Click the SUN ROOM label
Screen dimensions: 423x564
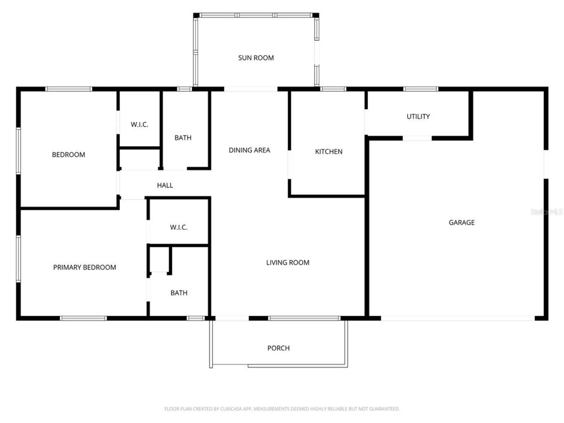coord(256,58)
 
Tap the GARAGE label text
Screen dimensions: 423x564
coord(461,222)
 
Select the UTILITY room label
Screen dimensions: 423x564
coord(418,116)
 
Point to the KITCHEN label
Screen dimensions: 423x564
coord(329,152)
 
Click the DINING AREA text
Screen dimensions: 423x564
coord(249,150)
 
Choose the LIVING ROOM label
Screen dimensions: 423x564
coord(288,263)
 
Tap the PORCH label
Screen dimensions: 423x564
coord(278,348)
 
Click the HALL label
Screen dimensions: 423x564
coord(165,185)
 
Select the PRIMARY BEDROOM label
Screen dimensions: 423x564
coord(85,267)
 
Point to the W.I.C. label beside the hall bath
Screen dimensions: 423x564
coord(139,124)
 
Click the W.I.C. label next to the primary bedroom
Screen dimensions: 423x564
coord(179,227)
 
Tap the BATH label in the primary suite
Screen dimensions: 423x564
coord(179,293)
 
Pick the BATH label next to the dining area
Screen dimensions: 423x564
coord(183,138)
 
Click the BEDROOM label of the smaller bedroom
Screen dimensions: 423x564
coord(69,155)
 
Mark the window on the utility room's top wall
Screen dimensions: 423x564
coord(420,89)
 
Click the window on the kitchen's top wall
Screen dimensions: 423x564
coord(333,89)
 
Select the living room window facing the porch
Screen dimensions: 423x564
coord(304,318)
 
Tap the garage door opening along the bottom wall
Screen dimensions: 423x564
coord(457,318)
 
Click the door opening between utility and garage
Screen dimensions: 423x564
coord(417,138)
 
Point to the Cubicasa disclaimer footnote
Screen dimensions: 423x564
coord(282,409)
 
